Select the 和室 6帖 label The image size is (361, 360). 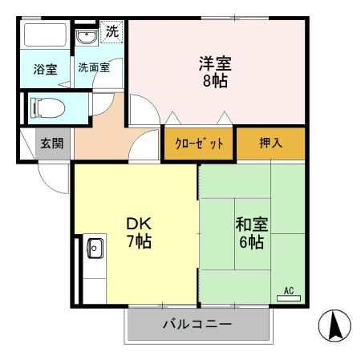click(250, 232)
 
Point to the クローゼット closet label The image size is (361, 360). click(199, 144)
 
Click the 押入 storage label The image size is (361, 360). click(270, 144)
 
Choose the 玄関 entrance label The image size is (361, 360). click(52, 144)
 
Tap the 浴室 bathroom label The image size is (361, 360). click(45, 70)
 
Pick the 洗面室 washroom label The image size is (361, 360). click(94, 69)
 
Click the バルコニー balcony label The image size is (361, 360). click(197, 325)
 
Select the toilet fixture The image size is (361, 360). click(47, 107)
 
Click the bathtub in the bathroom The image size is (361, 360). click(45, 37)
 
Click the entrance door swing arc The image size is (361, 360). click(55, 178)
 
